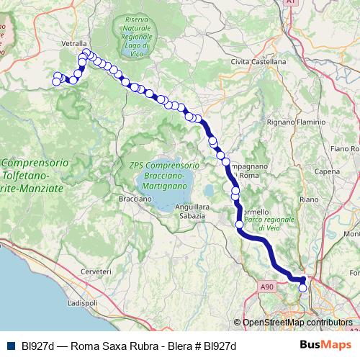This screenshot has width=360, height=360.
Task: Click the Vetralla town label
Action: [74, 44]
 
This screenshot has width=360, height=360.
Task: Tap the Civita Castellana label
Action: [258, 62]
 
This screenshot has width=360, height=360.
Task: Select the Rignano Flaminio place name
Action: [296, 122]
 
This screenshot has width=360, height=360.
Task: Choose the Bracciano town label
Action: [115, 198]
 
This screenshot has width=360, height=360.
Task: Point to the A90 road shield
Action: [268, 287]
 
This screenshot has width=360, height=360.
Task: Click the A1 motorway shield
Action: [291, 3]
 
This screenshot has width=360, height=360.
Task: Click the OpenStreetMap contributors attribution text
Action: [297, 323]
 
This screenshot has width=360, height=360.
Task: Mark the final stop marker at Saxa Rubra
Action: [303, 288]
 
